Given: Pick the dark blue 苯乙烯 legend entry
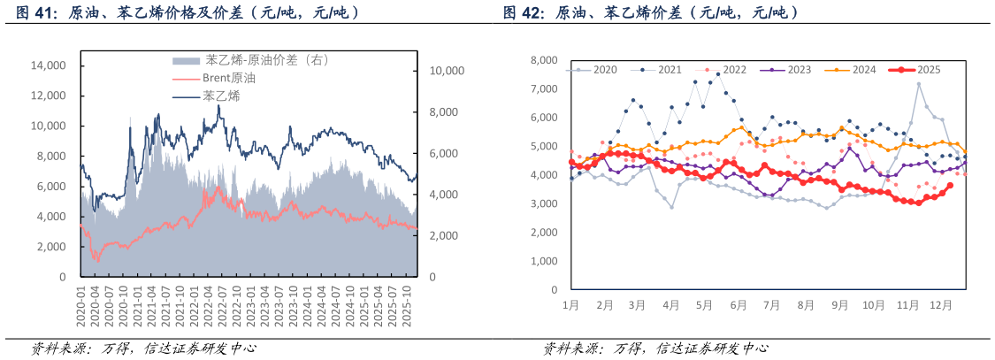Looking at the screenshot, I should [220, 96].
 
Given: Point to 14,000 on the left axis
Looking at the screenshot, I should [49, 65].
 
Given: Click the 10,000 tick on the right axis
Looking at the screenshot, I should [447, 71].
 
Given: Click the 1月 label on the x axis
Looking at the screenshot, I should [571, 305].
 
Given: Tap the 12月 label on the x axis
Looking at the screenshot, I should [941, 305].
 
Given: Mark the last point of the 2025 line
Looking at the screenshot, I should [950, 186].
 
